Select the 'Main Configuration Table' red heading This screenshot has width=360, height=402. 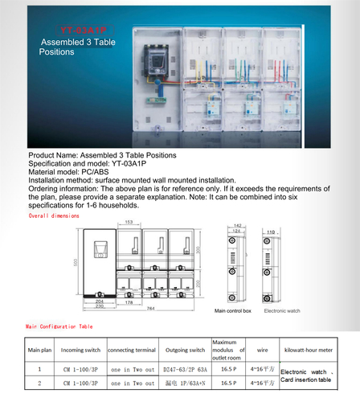[x=59, y=326]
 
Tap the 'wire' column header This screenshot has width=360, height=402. [x=262, y=351]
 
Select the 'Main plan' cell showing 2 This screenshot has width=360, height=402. [x=39, y=384]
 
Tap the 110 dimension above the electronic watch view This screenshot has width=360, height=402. [x=272, y=231]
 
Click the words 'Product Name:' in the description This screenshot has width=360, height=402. [x=51, y=154]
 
